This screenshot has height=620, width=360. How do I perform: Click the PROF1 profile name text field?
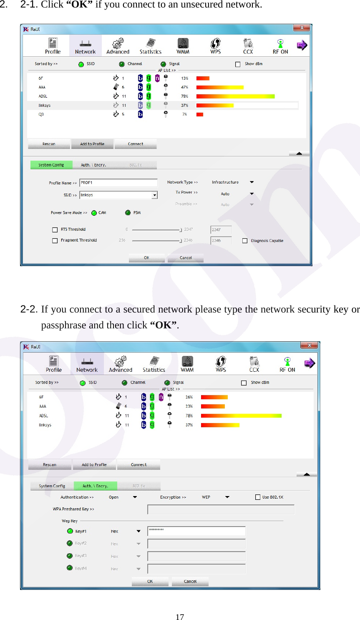(x=118, y=183)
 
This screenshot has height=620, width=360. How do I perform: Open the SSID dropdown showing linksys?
(x=155, y=195)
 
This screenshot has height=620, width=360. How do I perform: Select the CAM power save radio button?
(x=94, y=213)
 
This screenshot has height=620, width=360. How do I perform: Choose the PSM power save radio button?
(x=128, y=213)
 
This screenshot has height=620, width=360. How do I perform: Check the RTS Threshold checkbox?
(x=55, y=229)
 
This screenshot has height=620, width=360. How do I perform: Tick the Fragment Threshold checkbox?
(x=55, y=241)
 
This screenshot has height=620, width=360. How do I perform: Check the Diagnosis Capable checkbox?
(x=245, y=241)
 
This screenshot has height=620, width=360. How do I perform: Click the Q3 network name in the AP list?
(x=41, y=114)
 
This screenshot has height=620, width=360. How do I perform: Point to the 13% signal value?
(x=184, y=78)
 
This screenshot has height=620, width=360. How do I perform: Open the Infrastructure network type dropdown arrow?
(x=252, y=182)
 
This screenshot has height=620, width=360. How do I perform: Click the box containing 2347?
(x=221, y=230)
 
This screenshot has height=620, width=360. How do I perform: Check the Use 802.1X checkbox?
(x=258, y=497)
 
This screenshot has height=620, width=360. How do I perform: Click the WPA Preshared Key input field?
(x=221, y=509)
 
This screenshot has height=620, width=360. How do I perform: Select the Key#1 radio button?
(x=70, y=531)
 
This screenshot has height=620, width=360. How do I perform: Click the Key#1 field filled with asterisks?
(x=196, y=531)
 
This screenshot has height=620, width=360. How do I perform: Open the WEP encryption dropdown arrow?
(x=227, y=497)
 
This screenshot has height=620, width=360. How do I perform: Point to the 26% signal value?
(x=189, y=397)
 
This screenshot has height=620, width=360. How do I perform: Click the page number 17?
(x=180, y=617)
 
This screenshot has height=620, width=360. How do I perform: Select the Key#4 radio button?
(x=70, y=568)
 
